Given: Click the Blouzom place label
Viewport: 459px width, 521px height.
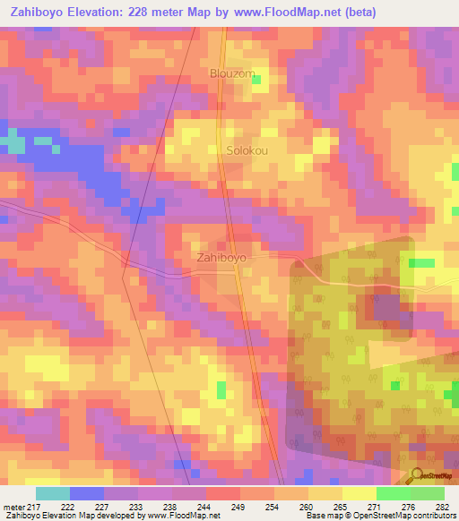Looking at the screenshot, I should (x=232, y=73).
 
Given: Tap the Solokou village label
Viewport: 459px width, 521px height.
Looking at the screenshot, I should (x=247, y=150).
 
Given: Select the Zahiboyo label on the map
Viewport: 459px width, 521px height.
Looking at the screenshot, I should (x=221, y=258).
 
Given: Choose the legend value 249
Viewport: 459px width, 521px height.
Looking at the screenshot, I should (x=238, y=508).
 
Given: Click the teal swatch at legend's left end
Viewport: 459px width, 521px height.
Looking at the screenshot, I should (x=53, y=493).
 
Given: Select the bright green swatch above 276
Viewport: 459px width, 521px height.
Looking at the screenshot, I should (x=393, y=493).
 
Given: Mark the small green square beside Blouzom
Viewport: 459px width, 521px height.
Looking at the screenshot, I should (x=256, y=81).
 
